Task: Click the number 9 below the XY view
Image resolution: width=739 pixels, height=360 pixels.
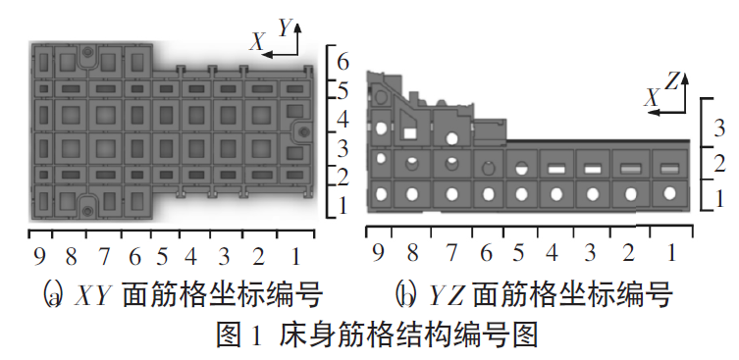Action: (39, 257)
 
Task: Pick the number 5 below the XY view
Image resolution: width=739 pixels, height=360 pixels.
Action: (162, 257)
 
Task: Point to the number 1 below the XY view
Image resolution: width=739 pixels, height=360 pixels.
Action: (295, 257)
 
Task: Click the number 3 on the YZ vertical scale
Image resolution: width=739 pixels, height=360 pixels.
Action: (720, 128)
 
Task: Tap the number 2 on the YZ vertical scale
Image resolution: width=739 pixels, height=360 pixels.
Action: (720, 163)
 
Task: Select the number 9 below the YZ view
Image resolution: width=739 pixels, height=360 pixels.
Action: (379, 253)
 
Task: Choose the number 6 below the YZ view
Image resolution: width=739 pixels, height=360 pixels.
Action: (485, 253)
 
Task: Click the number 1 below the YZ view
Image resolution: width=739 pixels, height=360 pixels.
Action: (672, 253)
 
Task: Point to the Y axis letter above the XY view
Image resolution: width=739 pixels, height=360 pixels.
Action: (286, 28)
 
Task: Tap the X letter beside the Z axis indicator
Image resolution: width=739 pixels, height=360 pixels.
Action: (651, 97)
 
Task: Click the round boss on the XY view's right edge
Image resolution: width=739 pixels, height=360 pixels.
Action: (303, 129)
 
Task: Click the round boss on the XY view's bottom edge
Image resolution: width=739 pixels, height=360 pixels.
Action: (87, 205)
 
